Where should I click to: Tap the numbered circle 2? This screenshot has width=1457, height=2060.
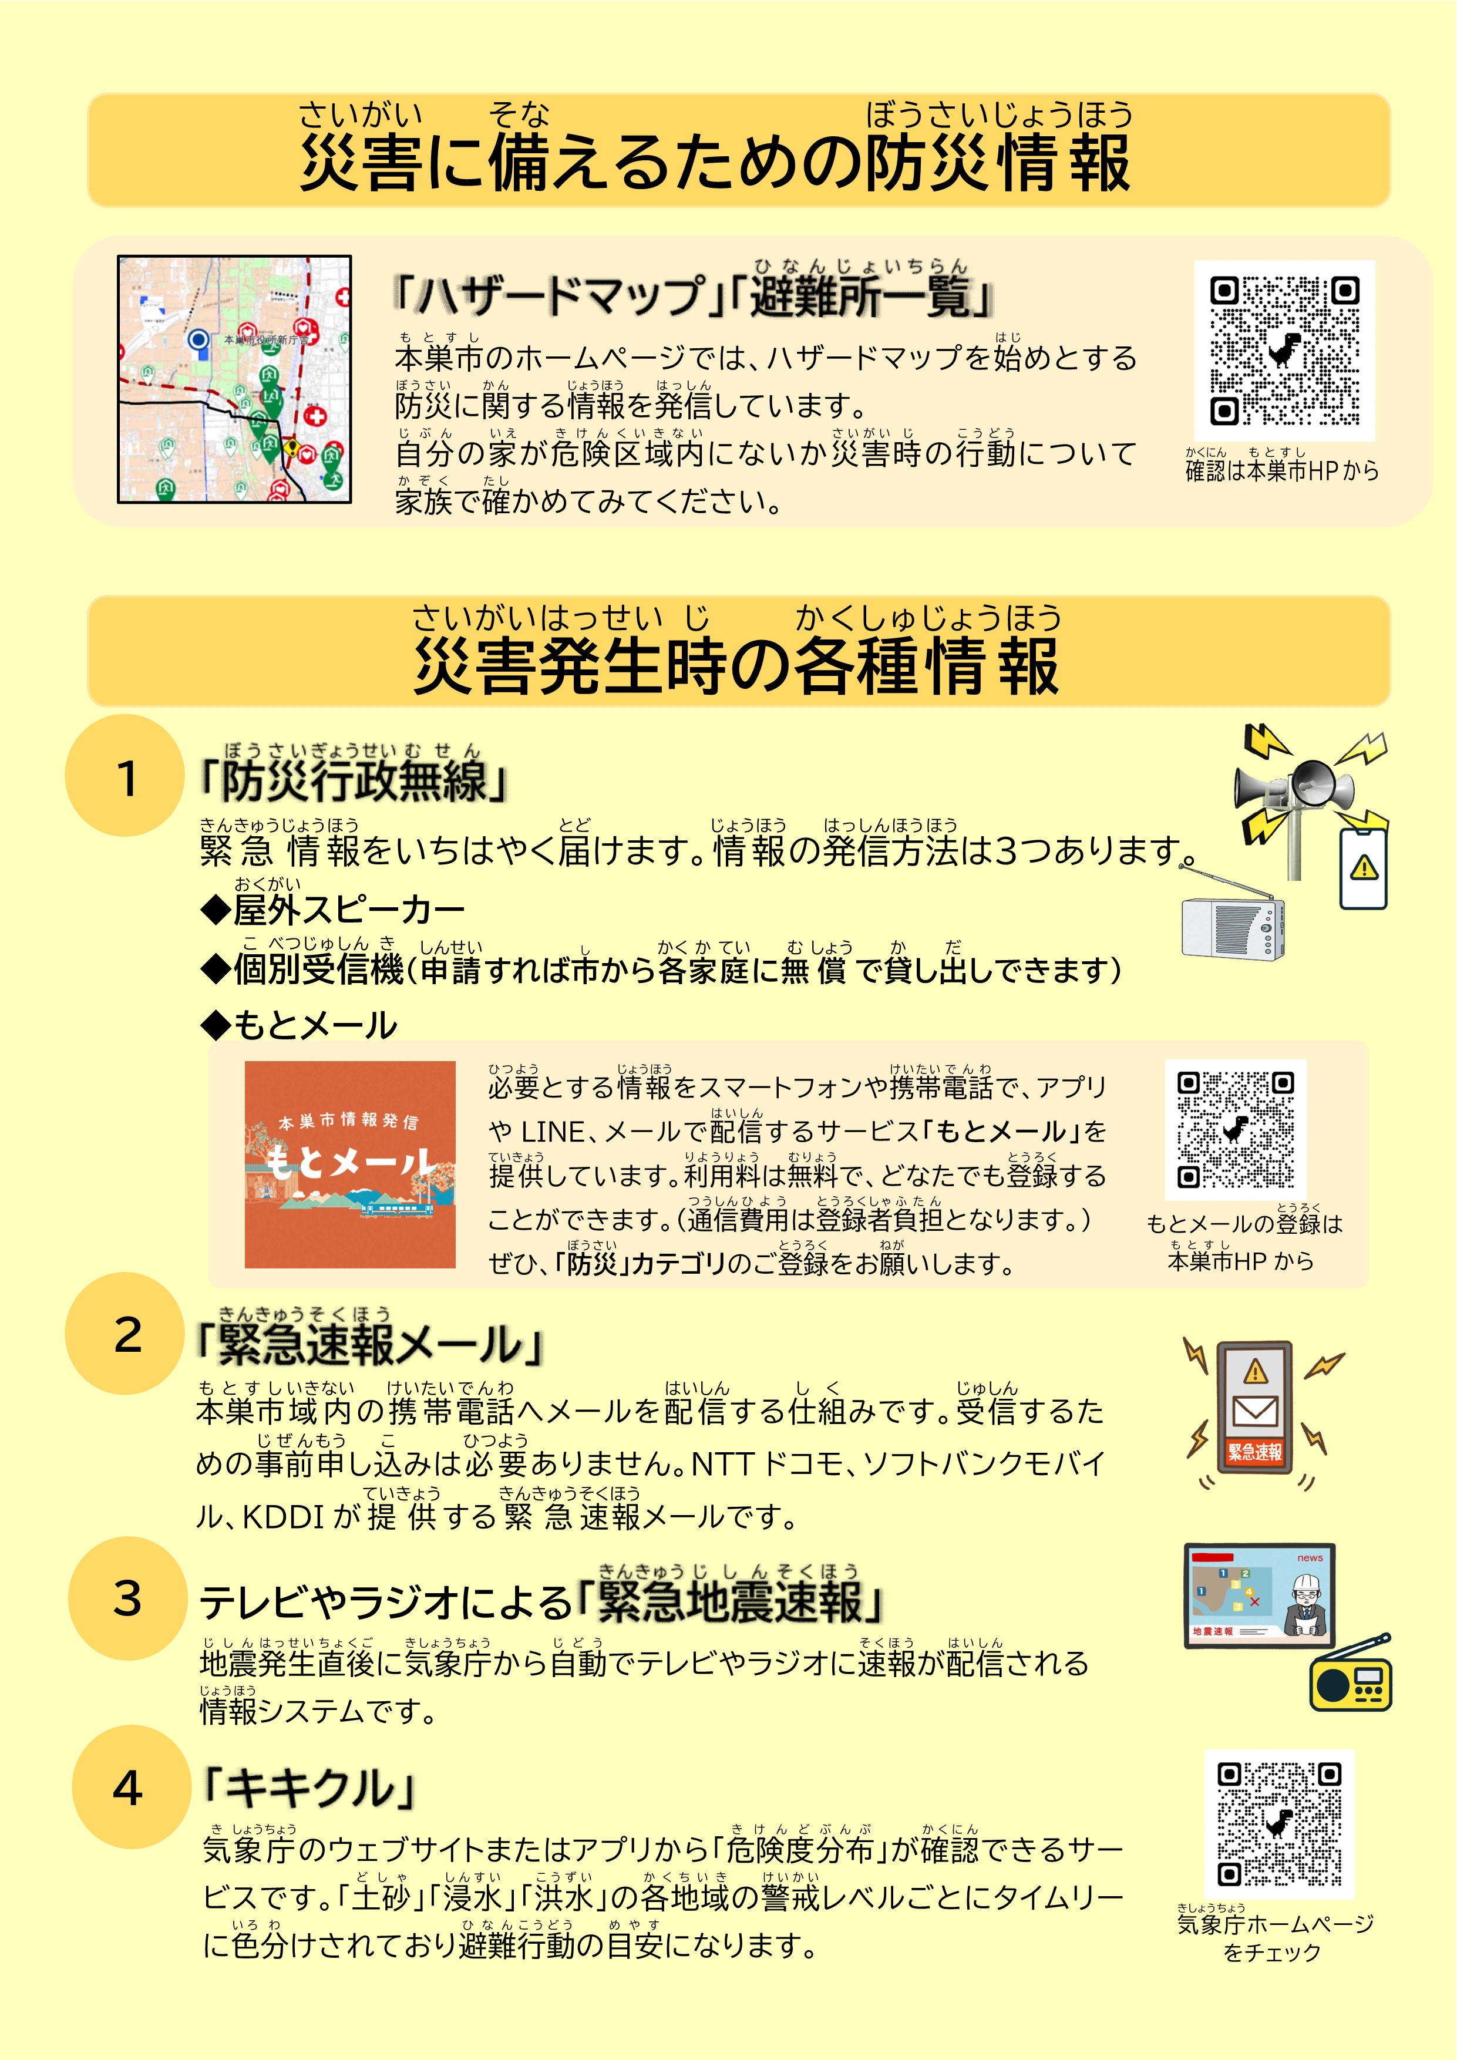(x=126, y=1333)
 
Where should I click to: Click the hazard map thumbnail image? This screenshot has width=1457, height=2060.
(x=234, y=379)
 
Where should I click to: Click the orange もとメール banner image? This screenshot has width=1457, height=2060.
(x=350, y=1164)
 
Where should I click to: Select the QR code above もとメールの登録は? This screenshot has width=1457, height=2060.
(x=1236, y=1130)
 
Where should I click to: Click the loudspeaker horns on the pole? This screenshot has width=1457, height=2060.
(x=1294, y=784)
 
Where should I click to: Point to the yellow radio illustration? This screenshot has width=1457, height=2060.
(x=1350, y=1674)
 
